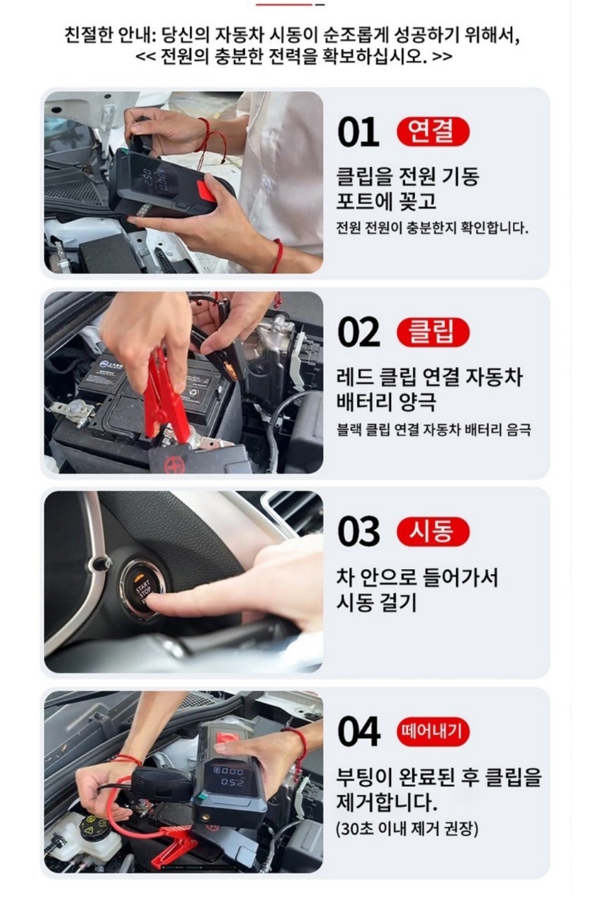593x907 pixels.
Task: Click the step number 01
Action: [358, 133]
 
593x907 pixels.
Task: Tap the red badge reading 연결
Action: [433, 132]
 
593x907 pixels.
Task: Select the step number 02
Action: [358, 332]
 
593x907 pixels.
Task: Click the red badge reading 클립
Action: [433, 332]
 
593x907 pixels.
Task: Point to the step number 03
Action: [358, 532]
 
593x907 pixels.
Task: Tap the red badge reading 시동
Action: [433, 531]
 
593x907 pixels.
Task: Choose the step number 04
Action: [358, 732]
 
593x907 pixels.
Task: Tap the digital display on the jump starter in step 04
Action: [231, 777]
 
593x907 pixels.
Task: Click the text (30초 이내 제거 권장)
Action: [407, 828]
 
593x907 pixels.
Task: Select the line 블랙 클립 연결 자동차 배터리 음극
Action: [434, 429]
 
